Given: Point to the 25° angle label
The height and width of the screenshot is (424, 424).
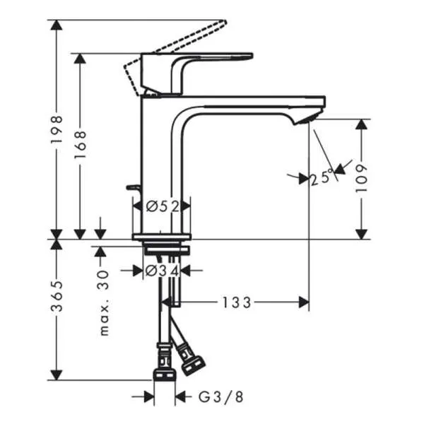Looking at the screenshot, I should [322, 178].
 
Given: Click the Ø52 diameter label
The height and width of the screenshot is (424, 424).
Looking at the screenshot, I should [162, 206].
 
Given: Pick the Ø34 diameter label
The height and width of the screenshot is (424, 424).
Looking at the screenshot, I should [162, 270].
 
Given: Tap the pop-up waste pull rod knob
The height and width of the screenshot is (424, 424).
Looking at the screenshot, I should [131, 188].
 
